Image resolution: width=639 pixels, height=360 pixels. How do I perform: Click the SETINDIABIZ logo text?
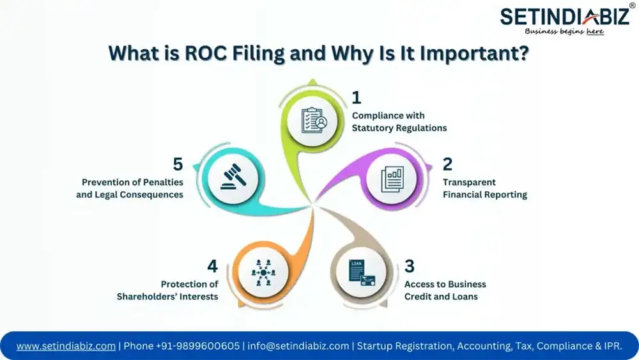(564, 16)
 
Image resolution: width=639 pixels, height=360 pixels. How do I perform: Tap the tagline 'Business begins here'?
(564, 31)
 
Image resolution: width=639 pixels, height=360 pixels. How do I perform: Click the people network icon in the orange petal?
(262, 272)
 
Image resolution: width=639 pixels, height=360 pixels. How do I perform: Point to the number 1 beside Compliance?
(357, 98)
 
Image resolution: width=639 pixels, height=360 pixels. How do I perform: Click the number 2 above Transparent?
(447, 164)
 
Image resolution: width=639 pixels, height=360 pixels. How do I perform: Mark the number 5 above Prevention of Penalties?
(178, 164)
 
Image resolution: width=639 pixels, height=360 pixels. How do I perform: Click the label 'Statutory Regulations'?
(399, 128)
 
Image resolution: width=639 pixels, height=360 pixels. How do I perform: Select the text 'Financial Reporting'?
(485, 194)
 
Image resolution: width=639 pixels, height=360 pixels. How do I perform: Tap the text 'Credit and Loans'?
(441, 297)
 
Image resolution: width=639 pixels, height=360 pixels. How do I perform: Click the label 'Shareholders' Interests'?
(167, 297)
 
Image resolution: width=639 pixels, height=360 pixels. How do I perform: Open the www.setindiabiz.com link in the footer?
(66, 346)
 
